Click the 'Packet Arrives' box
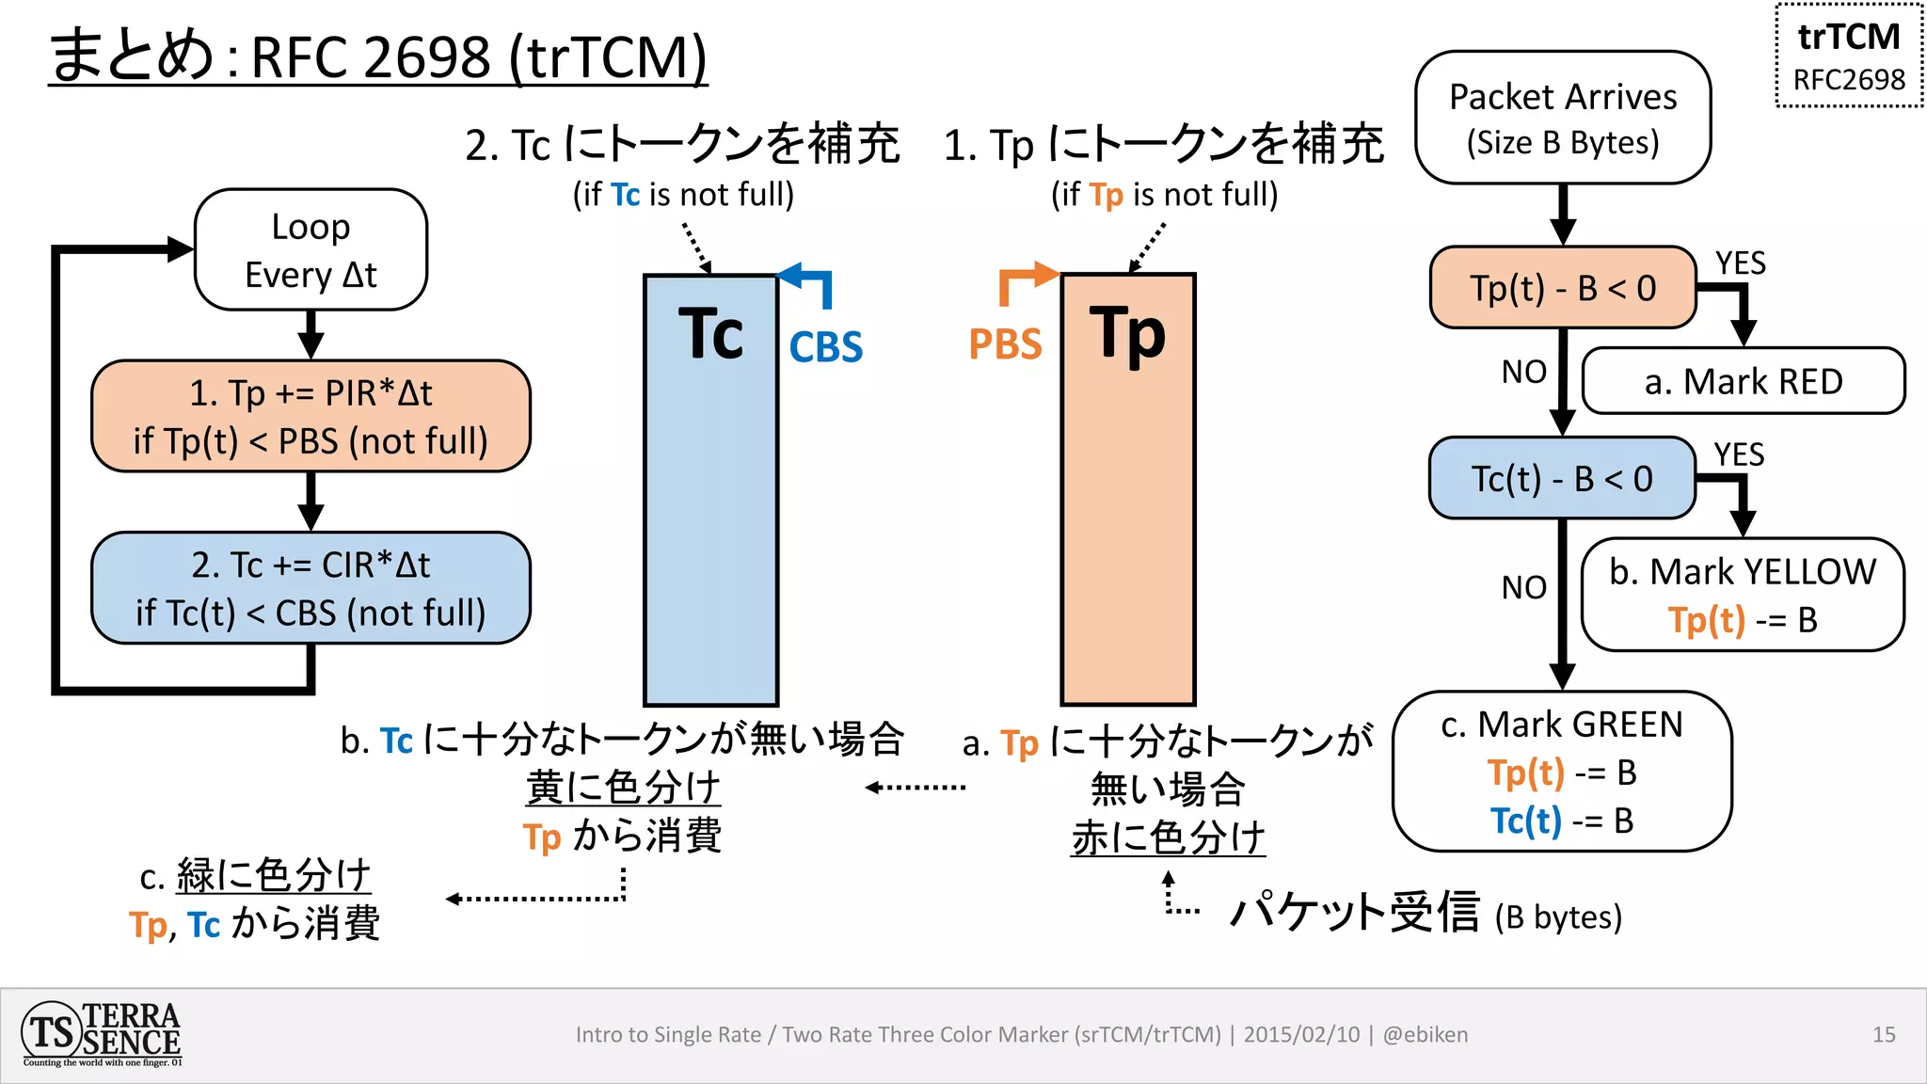coord(1562,118)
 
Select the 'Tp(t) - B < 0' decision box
coord(1562,288)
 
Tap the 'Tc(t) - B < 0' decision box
coord(1562,478)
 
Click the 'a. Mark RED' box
coord(1743,381)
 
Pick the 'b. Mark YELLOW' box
coord(1743,595)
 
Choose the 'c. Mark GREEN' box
coord(1562,772)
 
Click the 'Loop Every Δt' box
coord(311,250)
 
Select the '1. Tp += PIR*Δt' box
coord(311,416)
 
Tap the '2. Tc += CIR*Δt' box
coord(311,588)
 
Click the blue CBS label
coord(825,347)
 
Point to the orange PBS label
coord(1005,344)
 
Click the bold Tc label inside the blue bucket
coord(710,334)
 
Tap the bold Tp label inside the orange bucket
coord(1127,334)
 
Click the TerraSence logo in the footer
coord(102,1034)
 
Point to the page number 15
coord(1884,1035)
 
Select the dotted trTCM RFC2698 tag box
coord(1849,56)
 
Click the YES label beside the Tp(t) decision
coord(1740,263)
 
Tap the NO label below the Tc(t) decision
coord(1523,587)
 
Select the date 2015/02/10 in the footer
coord(1301,1035)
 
